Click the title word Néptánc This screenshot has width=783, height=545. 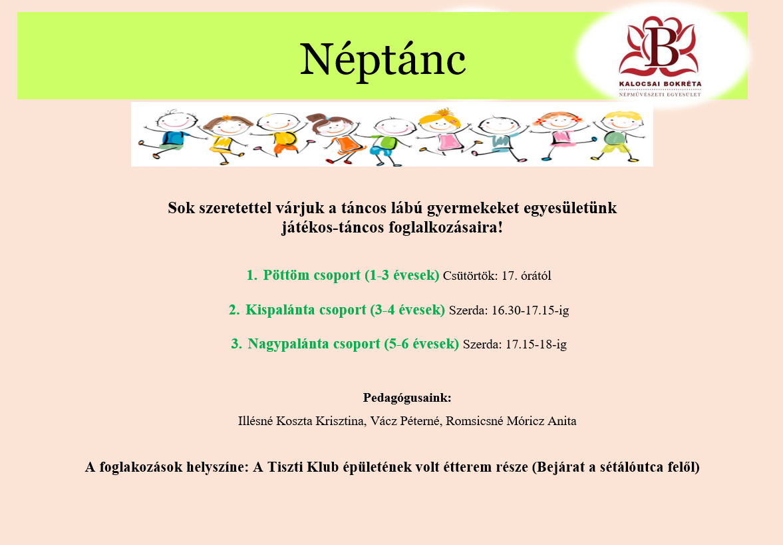click(x=383, y=60)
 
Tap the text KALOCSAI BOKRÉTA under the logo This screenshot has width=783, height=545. click(x=660, y=85)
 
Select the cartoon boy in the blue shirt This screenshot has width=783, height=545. click(x=172, y=133)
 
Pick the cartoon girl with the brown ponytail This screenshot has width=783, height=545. click(x=334, y=133)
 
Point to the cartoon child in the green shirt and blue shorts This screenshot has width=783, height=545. click(x=384, y=137)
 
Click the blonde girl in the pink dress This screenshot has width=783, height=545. click(x=440, y=133)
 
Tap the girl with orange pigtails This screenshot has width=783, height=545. click(x=555, y=133)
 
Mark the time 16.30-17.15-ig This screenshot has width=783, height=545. click(x=530, y=310)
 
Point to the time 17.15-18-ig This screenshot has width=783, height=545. click(x=536, y=345)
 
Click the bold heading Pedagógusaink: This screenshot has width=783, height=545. click(x=407, y=398)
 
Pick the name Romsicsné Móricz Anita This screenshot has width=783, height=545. click(x=512, y=421)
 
